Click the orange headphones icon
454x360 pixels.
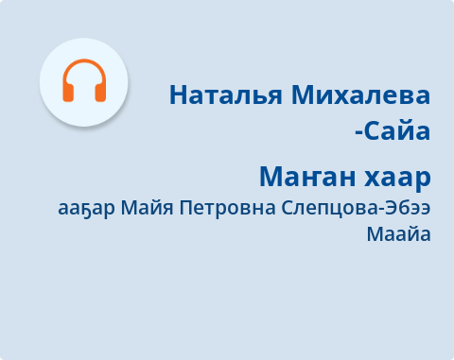83,81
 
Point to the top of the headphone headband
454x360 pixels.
83,62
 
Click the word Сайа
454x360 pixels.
400,129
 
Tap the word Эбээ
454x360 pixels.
408,208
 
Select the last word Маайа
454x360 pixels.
398,234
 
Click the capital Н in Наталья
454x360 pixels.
179,95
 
